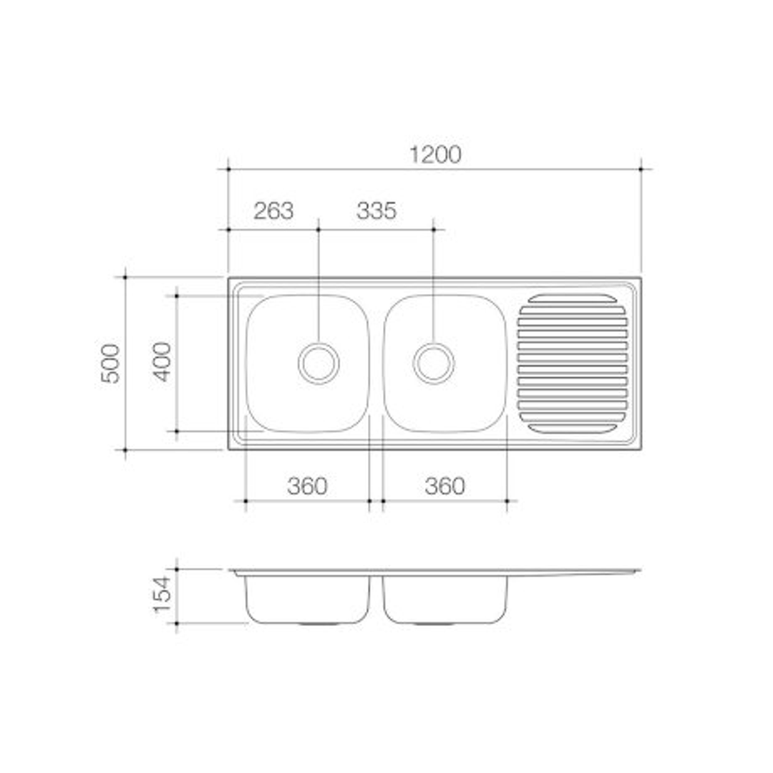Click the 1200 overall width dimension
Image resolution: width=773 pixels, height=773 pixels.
tap(436, 155)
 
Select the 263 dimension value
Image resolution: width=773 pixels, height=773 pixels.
tap(273, 211)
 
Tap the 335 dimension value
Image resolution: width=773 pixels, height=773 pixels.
tap(376, 211)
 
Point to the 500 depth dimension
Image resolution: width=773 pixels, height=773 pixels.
tap(110, 364)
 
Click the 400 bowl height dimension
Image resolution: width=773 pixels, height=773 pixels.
tap(162, 362)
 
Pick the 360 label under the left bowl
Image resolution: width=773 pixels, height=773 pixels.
tap(307, 486)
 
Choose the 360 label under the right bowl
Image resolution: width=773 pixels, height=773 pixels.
tap(444, 486)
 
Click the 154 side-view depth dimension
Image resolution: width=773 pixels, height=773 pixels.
tap(162, 595)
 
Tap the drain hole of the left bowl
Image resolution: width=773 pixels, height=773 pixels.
tap(319, 364)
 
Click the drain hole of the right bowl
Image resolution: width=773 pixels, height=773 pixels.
tap(434, 364)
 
